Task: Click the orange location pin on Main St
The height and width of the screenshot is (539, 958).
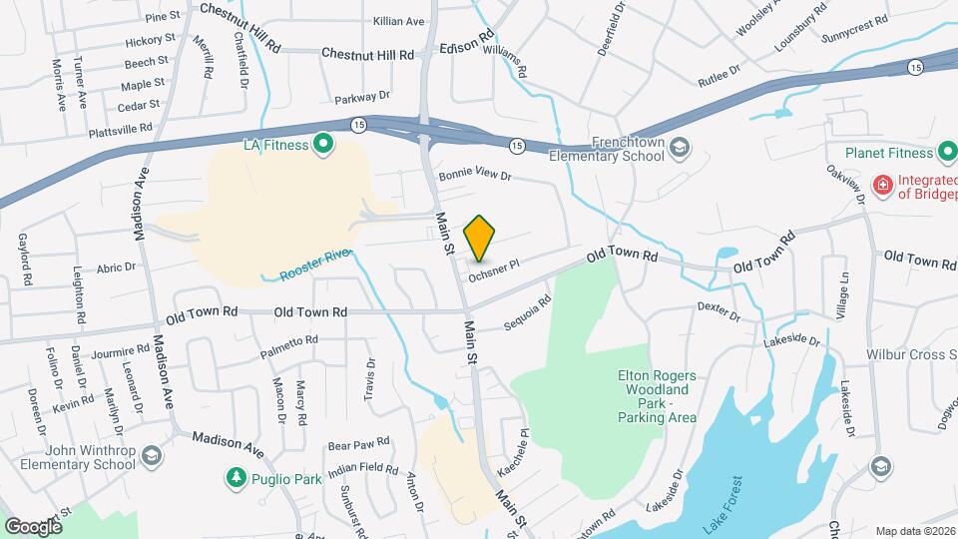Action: pyautogui.click(x=480, y=240)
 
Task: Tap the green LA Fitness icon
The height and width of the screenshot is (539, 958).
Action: pyautogui.click(x=323, y=147)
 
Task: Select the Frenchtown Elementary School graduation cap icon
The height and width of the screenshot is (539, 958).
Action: pyautogui.click(x=679, y=148)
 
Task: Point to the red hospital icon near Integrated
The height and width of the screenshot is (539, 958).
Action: pyautogui.click(x=882, y=185)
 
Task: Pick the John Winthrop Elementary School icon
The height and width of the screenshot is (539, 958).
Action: pyautogui.click(x=151, y=456)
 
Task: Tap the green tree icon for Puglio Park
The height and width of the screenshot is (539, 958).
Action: pyautogui.click(x=236, y=479)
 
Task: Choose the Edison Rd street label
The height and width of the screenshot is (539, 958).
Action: pyautogui.click(x=468, y=46)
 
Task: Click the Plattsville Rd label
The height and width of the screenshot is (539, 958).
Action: pyautogui.click(x=120, y=129)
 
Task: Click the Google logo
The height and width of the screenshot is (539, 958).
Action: pyautogui.click(x=33, y=525)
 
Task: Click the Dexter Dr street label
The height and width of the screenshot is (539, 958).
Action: pyautogui.click(x=718, y=312)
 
